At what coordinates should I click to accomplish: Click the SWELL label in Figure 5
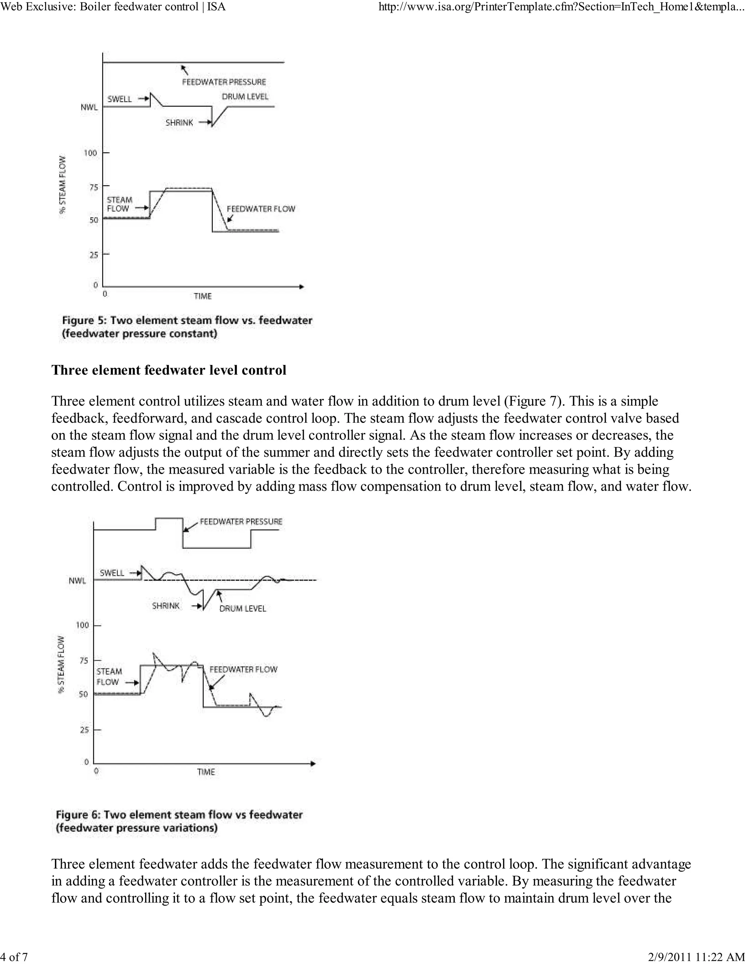(x=120, y=99)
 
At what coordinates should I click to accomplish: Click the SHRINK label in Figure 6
(x=166, y=606)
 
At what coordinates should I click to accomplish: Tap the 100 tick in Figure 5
(x=90, y=153)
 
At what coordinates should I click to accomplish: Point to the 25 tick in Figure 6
(x=84, y=730)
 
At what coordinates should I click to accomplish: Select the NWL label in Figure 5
(x=89, y=107)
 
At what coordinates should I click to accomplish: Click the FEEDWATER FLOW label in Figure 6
(x=243, y=670)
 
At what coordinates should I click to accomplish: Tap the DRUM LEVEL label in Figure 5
(x=245, y=97)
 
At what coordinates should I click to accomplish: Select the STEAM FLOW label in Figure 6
(x=108, y=677)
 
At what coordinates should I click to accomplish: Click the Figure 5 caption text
(x=187, y=327)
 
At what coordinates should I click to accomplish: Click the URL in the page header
(x=561, y=7)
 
